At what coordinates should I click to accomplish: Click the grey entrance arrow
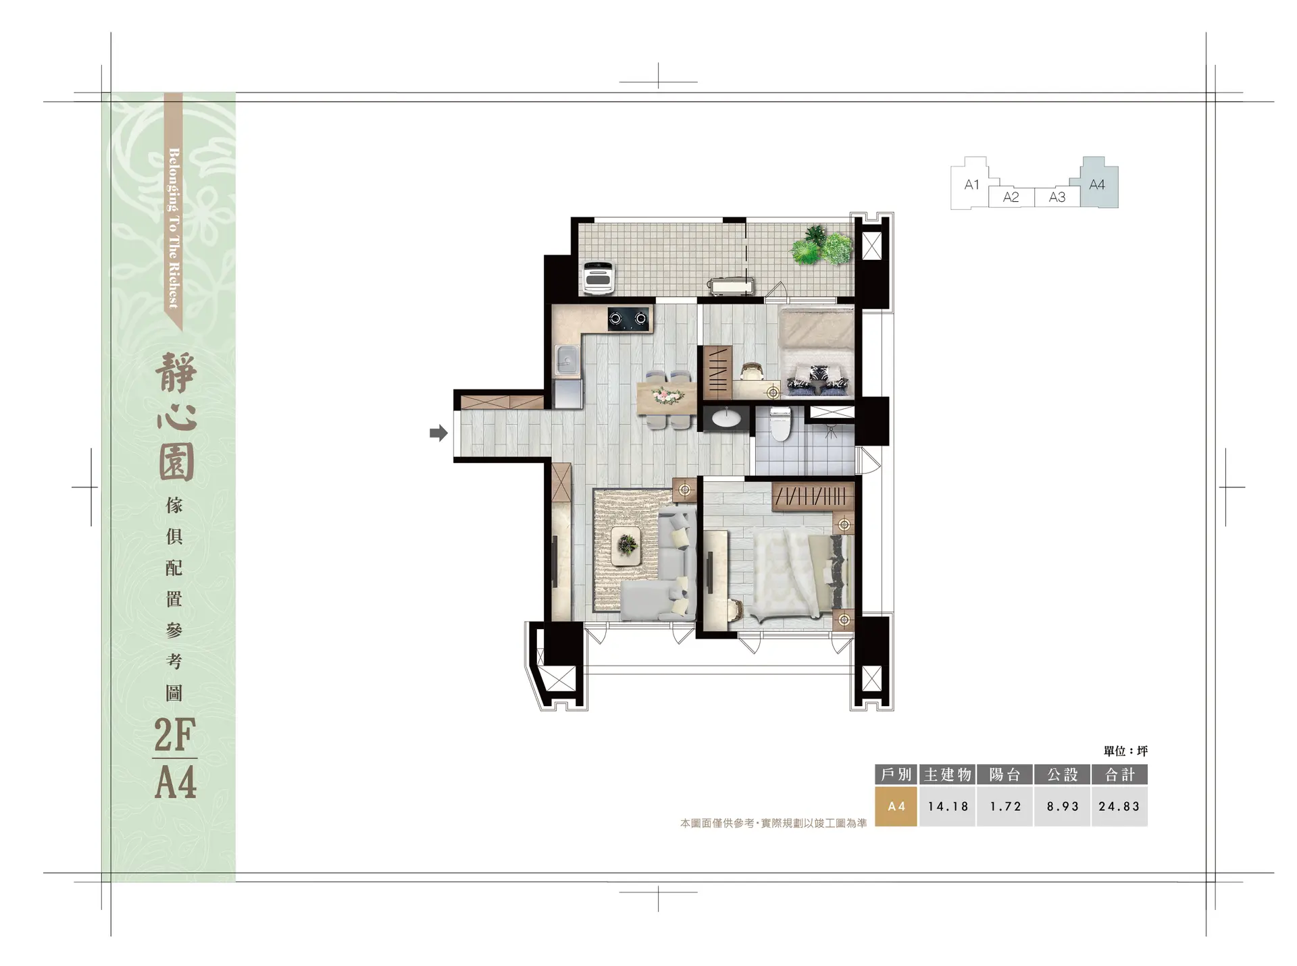click(438, 433)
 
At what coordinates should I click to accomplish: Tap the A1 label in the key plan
click(971, 184)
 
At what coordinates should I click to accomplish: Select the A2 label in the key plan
click(1011, 197)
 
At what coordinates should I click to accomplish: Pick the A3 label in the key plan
click(1057, 197)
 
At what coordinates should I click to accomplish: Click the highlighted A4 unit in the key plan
click(1099, 183)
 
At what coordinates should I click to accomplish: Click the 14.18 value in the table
click(948, 806)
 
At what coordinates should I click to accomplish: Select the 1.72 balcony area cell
click(1005, 806)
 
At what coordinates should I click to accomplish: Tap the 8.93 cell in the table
click(1063, 806)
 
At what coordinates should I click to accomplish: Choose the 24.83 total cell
click(1119, 806)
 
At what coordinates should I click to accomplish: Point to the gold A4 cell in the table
click(896, 806)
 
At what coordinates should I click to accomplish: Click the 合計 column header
click(1119, 774)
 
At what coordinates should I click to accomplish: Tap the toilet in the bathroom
click(780, 423)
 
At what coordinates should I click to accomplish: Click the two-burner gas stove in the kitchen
click(629, 319)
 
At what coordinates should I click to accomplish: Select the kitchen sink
click(567, 360)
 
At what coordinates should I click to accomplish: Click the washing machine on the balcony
click(599, 277)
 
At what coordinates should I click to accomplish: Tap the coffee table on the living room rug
click(627, 545)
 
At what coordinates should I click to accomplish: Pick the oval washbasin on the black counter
click(726, 419)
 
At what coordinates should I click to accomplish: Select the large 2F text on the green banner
click(175, 735)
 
